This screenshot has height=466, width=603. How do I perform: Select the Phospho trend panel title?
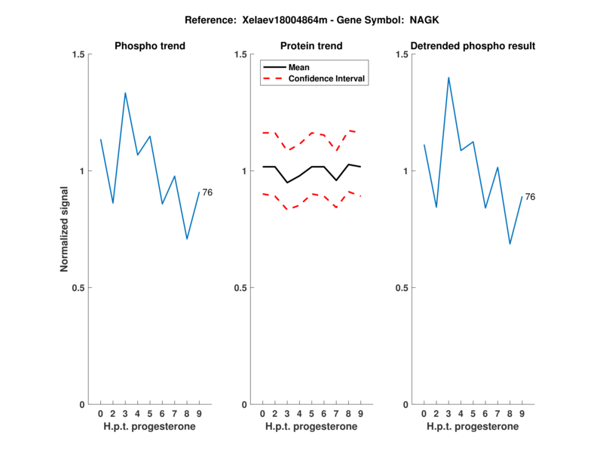[x=150, y=46]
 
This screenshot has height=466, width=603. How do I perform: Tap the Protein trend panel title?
[x=311, y=46]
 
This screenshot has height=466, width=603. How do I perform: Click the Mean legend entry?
[x=299, y=67]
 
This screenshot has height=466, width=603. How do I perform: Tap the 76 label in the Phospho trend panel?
[x=207, y=193]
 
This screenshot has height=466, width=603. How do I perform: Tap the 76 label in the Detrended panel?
[x=530, y=197]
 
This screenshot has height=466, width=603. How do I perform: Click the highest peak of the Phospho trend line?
[x=125, y=93]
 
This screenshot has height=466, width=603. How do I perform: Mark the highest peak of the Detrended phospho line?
[x=448, y=77]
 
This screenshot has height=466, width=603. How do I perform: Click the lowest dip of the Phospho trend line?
[x=187, y=239]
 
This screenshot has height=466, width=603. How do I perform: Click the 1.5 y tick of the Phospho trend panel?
[x=79, y=54]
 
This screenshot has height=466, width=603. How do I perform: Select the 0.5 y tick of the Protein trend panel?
[x=241, y=287]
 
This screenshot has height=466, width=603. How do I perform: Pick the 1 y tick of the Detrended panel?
[x=406, y=171]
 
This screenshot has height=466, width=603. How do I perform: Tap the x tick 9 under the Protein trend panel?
[x=361, y=414]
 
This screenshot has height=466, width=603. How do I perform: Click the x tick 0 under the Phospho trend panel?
[x=100, y=414]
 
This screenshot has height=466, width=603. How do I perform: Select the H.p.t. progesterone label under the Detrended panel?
[x=473, y=427]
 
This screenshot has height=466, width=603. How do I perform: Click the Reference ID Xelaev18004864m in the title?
[x=280, y=18]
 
